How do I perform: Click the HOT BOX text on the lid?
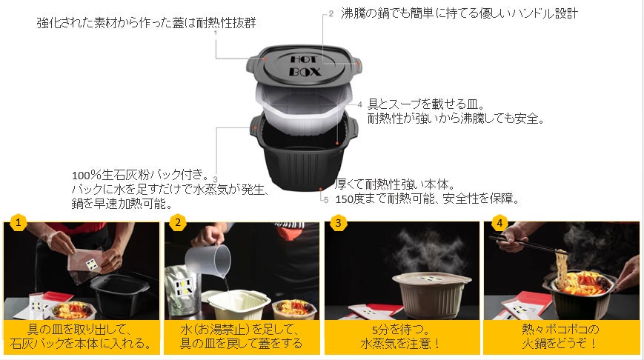(x=305, y=66)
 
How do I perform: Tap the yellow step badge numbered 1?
(x=18, y=223)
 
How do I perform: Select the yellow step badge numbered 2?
(x=177, y=223)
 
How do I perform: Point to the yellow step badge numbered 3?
(x=338, y=223)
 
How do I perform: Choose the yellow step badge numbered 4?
(x=499, y=223)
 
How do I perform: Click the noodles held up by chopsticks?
(x=562, y=266)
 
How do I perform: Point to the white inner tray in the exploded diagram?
(x=304, y=106)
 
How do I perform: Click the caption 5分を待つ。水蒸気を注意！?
(x=401, y=336)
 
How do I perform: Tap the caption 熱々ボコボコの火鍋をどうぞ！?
(x=560, y=336)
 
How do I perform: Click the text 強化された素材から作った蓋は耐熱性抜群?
(x=146, y=22)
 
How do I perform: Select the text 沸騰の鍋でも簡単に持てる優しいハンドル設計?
(x=459, y=13)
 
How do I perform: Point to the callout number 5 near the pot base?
(x=326, y=200)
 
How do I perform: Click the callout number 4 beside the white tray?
(x=359, y=104)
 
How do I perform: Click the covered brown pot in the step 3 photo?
(x=431, y=293)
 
